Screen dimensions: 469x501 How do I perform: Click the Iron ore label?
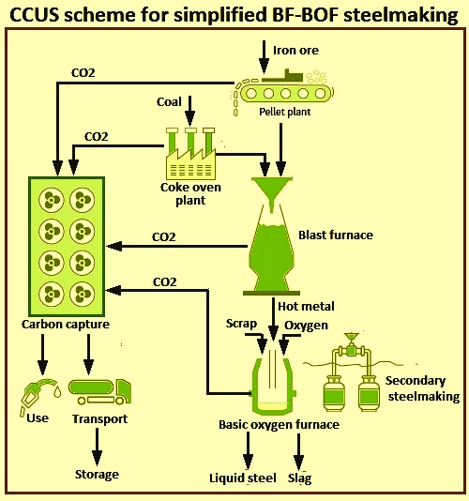click(295, 50)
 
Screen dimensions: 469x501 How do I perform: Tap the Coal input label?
click(169, 102)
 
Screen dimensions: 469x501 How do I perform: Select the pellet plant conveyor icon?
click(283, 91)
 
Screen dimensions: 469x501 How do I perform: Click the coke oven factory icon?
click(190, 153)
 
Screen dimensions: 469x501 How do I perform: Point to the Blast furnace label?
click(336, 235)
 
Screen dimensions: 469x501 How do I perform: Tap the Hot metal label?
click(306, 307)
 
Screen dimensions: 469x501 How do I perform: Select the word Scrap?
click(241, 324)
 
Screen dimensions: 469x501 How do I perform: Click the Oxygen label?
click(306, 326)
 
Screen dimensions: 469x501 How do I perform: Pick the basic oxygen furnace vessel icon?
click(273, 385)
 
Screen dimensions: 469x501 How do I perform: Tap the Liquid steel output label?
click(243, 478)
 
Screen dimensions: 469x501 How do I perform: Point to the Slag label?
click(299, 478)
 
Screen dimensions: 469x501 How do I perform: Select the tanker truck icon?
click(100, 392)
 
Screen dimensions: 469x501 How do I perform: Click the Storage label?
click(97, 474)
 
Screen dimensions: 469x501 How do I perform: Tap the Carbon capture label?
click(66, 325)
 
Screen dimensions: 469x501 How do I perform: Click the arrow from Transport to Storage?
click(98, 447)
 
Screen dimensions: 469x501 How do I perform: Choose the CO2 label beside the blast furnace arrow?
click(164, 237)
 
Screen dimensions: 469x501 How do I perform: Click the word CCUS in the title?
click(34, 15)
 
